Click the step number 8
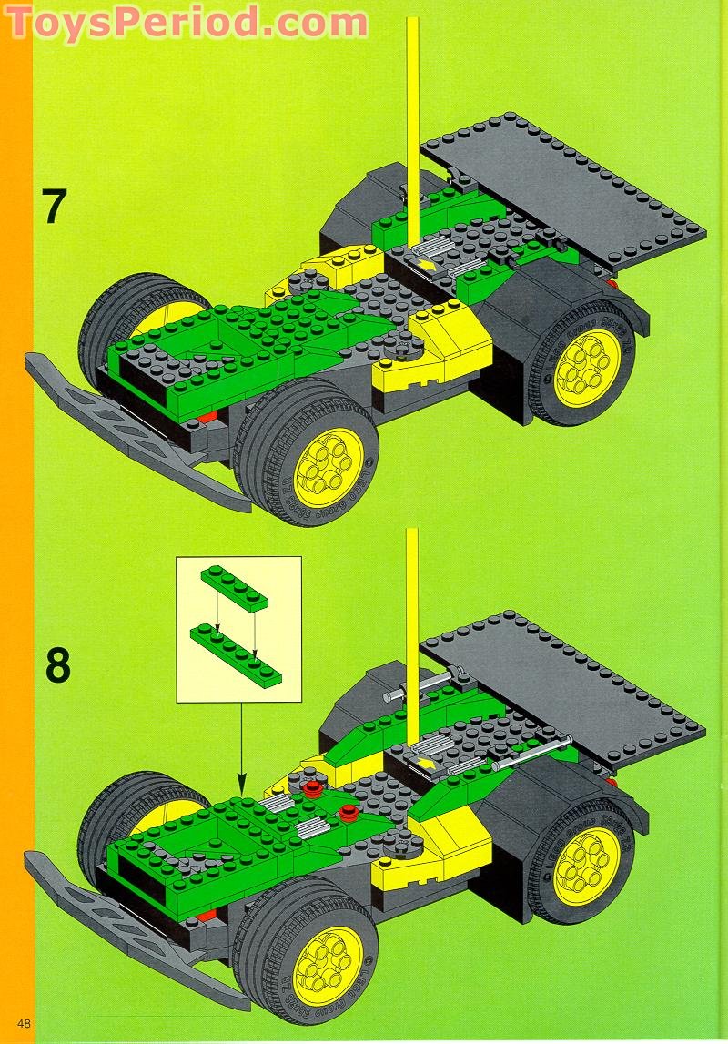pyautogui.click(x=56, y=665)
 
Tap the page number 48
pyautogui.click(x=16, y=1025)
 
